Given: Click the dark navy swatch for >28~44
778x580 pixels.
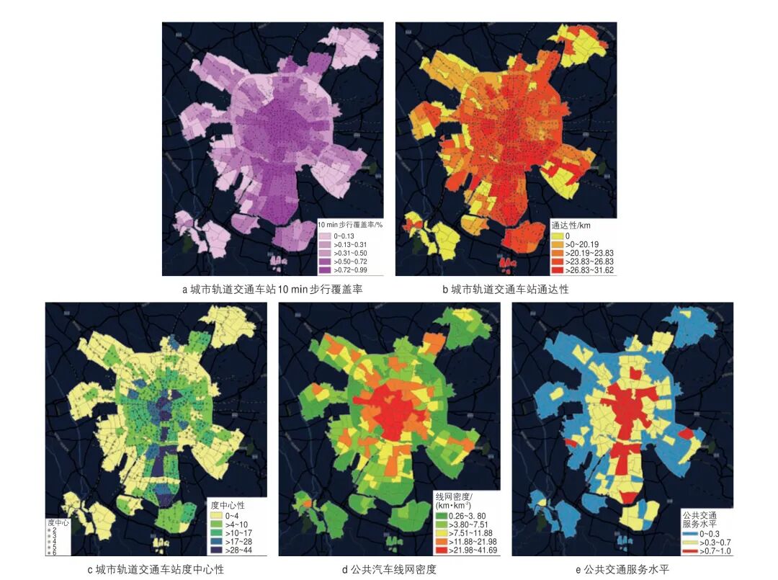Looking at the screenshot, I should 215,550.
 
